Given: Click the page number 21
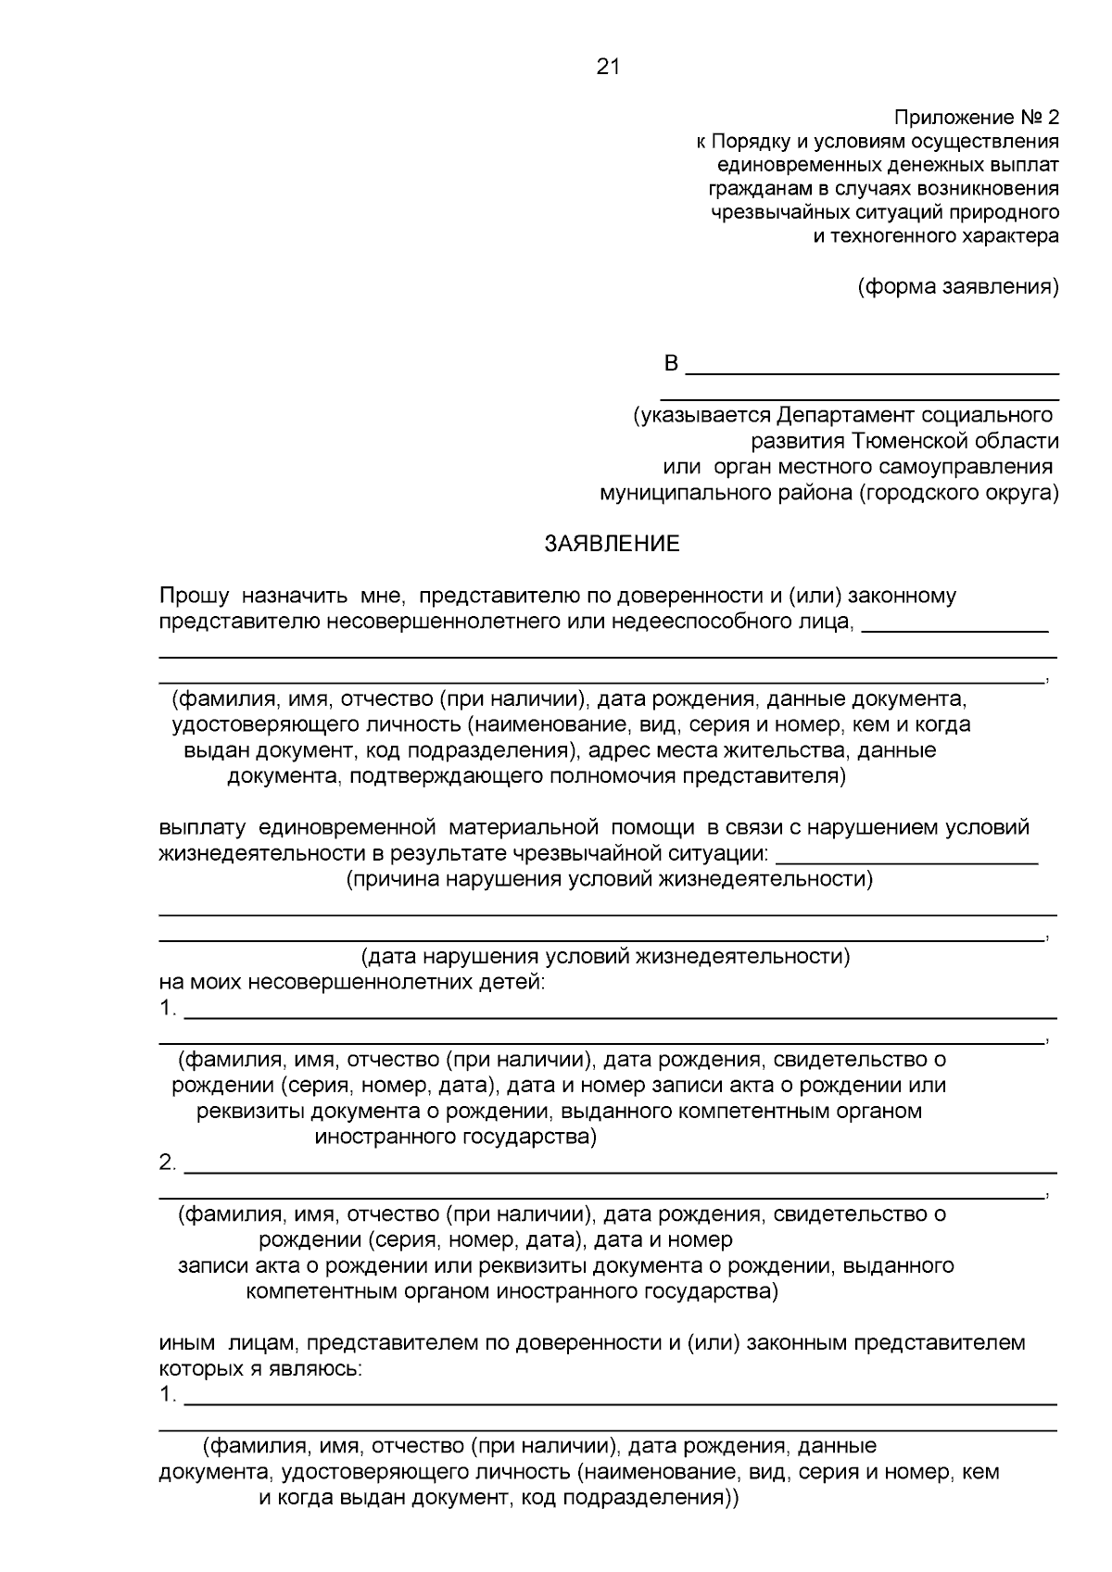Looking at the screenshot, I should point(608,67).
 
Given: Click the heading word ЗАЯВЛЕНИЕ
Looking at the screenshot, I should point(612,544).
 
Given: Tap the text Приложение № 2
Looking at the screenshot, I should point(976,118).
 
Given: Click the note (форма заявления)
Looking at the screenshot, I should point(957,286).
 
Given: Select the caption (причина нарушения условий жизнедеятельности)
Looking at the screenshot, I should point(610,879).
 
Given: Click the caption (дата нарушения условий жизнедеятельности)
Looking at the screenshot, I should point(605,956).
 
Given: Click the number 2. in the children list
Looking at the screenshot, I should point(168,1163).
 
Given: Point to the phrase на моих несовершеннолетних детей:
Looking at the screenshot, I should point(352,982).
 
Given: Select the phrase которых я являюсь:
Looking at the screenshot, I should point(260,1368).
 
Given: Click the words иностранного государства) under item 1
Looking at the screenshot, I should point(456,1137).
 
